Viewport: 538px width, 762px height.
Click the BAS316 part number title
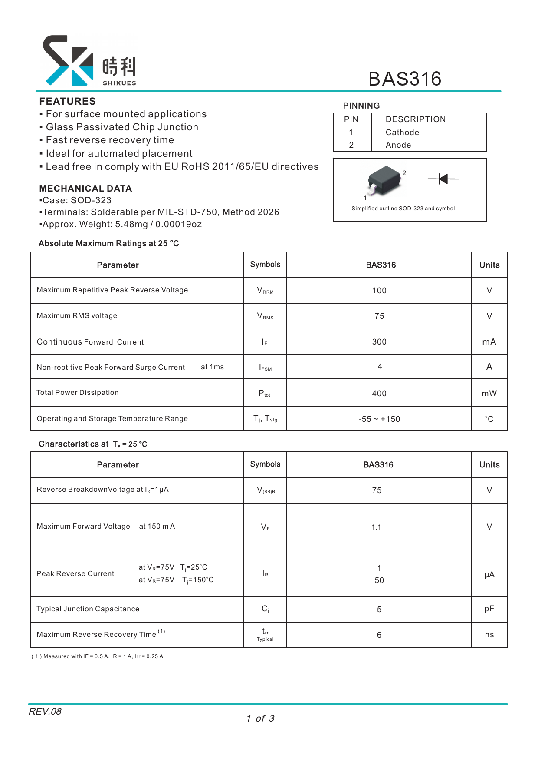click(x=404, y=79)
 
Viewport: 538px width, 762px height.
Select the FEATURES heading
click(x=67, y=101)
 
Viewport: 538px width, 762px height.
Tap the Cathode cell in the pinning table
click(x=402, y=133)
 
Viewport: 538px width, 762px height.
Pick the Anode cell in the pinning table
click(x=398, y=145)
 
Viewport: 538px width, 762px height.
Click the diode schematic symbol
click(x=443, y=179)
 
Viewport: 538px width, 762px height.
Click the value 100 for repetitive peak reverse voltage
click(x=379, y=291)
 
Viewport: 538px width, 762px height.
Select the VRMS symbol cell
click(x=265, y=316)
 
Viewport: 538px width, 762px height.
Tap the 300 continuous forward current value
click(x=379, y=342)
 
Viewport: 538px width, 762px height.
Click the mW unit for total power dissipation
click(x=489, y=394)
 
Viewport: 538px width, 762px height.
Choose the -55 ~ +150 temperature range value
click(x=379, y=419)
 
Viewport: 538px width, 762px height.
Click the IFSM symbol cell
click(x=265, y=368)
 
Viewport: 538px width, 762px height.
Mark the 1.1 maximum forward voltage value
click(x=376, y=527)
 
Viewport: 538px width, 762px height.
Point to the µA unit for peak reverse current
click(x=489, y=575)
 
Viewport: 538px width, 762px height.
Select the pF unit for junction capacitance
click(x=489, y=609)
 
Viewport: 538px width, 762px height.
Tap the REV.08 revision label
click(x=45, y=712)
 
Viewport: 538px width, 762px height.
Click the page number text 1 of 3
click(x=260, y=719)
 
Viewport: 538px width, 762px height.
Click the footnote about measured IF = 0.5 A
click(x=97, y=656)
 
